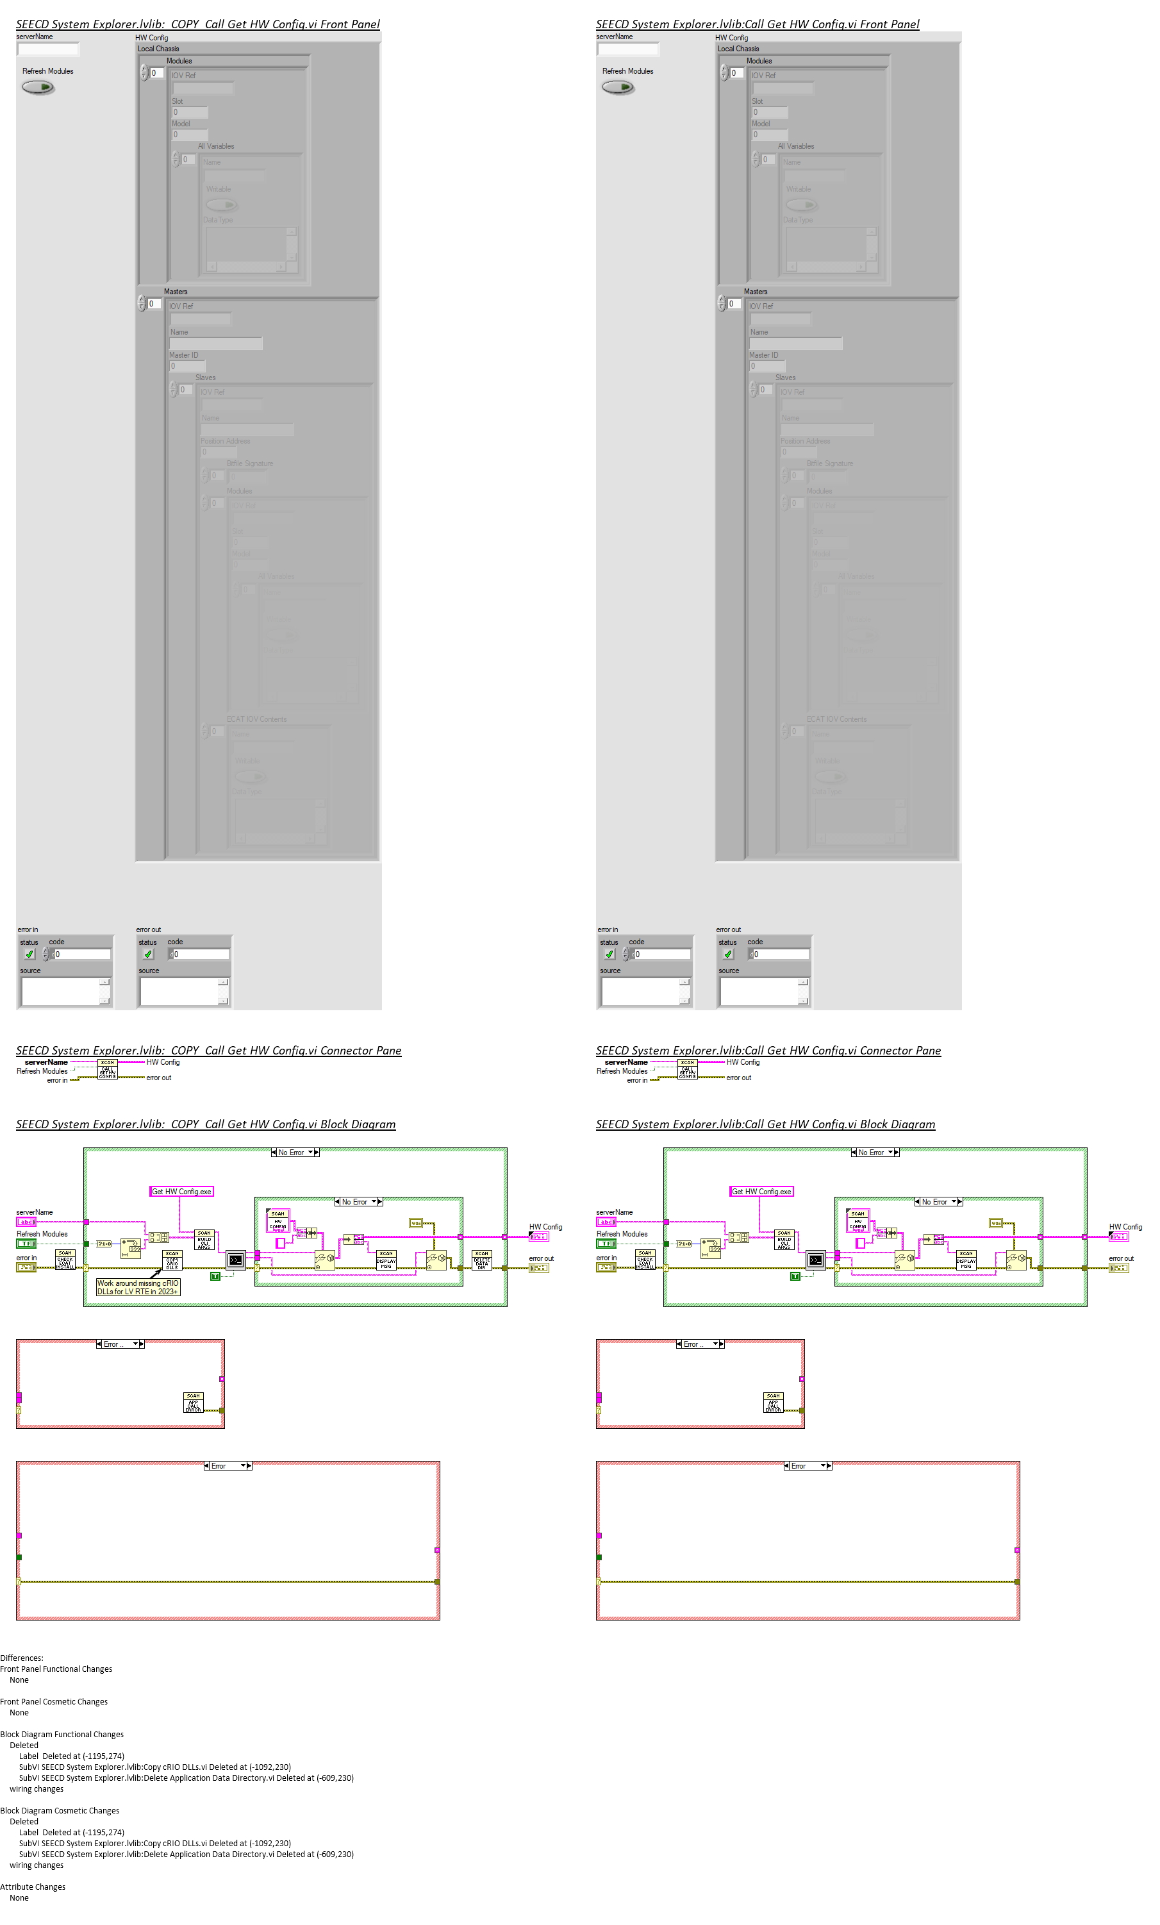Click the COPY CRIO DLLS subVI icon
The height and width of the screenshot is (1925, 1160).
(x=172, y=1260)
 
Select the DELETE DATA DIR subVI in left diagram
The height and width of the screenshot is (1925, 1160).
(x=481, y=1260)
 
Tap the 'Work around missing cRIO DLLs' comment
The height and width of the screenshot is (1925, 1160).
(x=138, y=1287)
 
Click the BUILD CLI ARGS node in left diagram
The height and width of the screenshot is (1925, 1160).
(x=204, y=1239)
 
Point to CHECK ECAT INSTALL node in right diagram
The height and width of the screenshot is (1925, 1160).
(x=645, y=1260)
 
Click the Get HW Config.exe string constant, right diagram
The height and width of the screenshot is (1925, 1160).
(x=761, y=1192)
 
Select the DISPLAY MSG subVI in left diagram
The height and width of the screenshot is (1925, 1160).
(x=386, y=1260)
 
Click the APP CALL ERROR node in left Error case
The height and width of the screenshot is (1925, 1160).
(x=193, y=1403)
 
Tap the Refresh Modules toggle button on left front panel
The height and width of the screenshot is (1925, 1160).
(x=38, y=87)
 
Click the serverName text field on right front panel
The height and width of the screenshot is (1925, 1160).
(x=627, y=49)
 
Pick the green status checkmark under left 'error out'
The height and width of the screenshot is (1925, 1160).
(x=147, y=954)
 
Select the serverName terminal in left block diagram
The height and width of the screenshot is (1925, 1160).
(x=26, y=1222)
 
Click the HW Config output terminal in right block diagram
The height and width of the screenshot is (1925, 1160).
(x=1118, y=1237)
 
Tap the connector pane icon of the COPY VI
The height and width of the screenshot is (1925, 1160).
(x=107, y=1069)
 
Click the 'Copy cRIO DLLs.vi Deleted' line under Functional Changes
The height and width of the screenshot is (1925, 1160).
(x=154, y=1767)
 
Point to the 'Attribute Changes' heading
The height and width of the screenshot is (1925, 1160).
(x=33, y=1887)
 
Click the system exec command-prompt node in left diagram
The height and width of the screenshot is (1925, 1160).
(x=235, y=1260)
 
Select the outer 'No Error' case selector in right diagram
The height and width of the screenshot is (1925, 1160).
(x=874, y=1153)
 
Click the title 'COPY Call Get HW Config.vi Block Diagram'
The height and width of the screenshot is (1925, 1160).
(x=206, y=1124)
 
